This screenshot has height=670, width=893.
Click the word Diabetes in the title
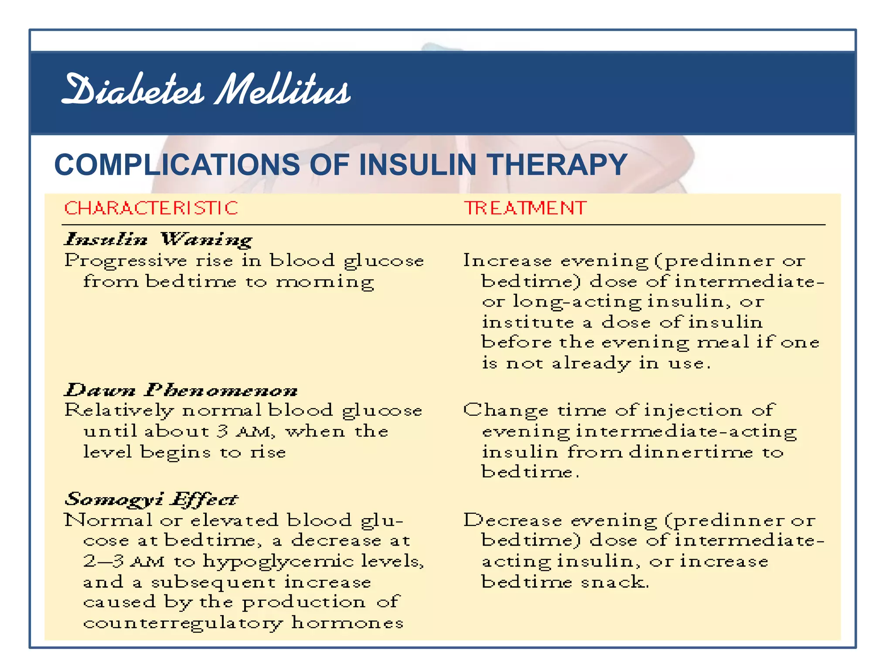pos(133,89)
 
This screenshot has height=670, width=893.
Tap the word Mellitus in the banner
pos(283,89)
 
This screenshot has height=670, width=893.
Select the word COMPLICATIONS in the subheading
pos(177,165)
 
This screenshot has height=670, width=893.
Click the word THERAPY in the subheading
pos(557,165)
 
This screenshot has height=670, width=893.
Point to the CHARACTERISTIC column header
pos(151,208)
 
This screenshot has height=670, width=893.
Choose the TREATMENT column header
pos(525,208)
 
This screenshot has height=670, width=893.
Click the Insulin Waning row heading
pos(158,239)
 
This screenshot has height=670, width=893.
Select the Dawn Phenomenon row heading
pos(181,390)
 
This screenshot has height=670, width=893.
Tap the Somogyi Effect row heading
pos(151,499)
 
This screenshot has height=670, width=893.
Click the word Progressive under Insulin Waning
pos(126,261)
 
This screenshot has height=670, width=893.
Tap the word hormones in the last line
pos(348,622)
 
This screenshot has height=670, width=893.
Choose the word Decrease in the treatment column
pos(512,520)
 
